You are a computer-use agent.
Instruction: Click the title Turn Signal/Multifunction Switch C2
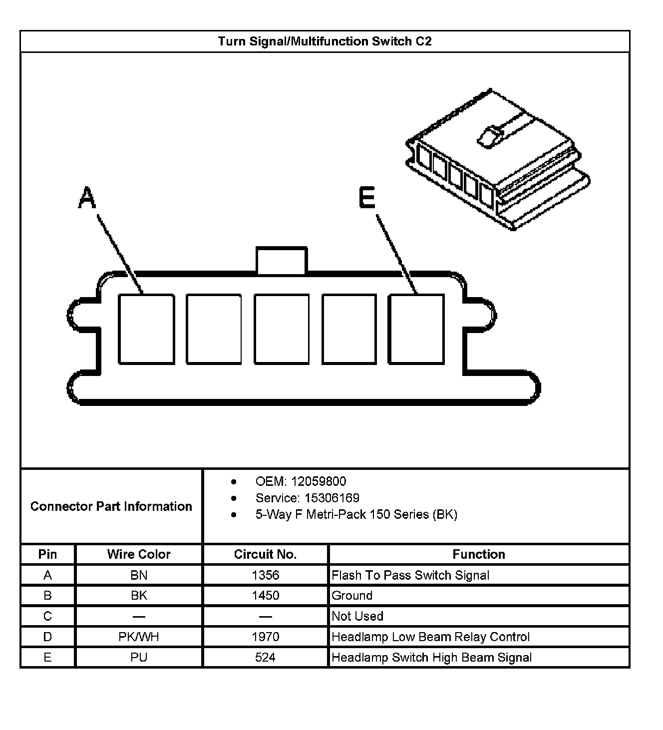(325, 41)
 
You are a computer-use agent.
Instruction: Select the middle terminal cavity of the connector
(282, 329)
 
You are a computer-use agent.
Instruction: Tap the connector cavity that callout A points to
(146, 329)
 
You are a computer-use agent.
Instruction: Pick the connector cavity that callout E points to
(416, 329)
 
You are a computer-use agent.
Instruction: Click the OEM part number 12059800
(319, 481)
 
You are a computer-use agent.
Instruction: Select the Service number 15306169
(332, 498)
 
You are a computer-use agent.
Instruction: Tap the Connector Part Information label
(111, 506)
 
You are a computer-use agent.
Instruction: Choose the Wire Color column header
(139, 554)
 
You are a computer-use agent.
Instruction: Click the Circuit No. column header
(265, 554)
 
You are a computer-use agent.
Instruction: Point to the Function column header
(478, 554)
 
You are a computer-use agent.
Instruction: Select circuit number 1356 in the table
(265, 575)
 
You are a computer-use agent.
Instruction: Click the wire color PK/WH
(139, 637)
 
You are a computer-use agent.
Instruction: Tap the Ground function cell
(352, 596)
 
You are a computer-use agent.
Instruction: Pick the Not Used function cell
(357, 616)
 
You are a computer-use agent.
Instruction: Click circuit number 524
(265, 658)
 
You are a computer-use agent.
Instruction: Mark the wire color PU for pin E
(139, 658)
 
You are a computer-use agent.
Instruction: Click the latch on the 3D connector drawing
(489, 136)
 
